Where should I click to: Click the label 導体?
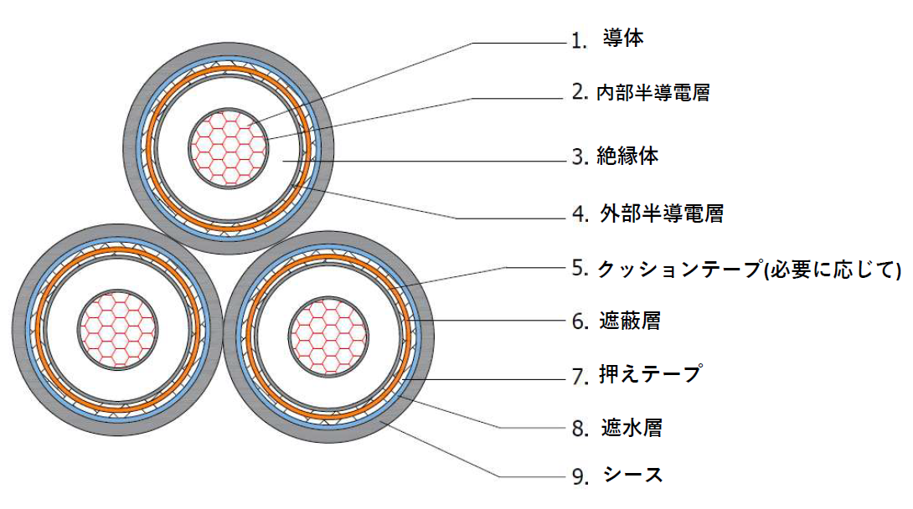click(623, 39)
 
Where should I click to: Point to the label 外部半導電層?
click(662, 213)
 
